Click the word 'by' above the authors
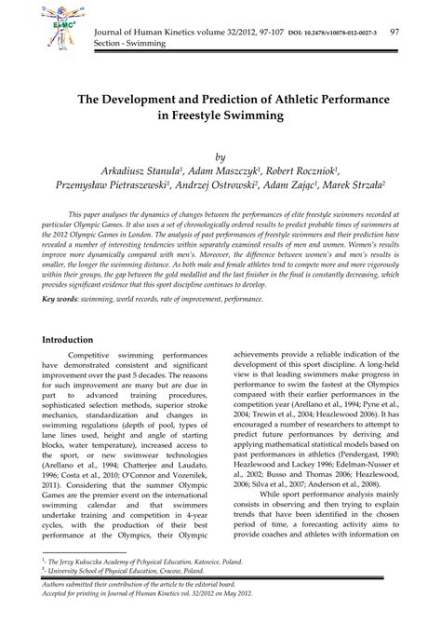click(x=220, y=157)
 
